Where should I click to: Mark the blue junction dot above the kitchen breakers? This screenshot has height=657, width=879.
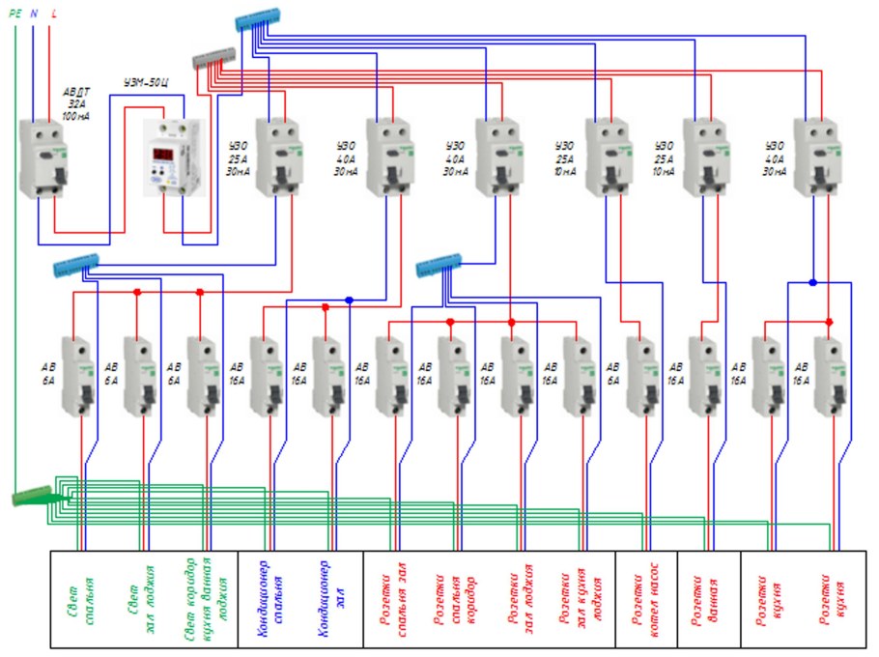click(x=812, y=282)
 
